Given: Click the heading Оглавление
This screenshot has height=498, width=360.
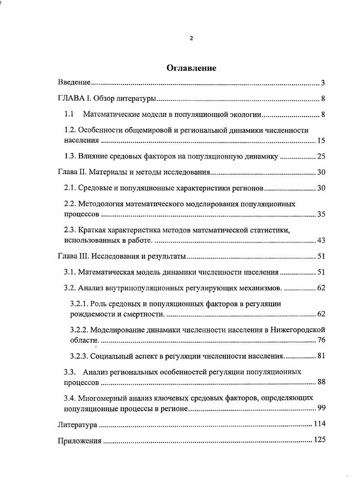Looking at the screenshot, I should click(x=191, y=68).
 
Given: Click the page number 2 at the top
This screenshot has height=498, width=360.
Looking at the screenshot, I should click(x=191, y=39).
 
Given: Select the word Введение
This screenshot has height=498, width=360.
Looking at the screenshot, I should click(x=75, y=83).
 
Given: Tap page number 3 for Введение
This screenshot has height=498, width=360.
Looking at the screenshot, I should click(x=323, y=83).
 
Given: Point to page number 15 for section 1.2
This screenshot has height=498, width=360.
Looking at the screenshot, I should click(x=321, y=141).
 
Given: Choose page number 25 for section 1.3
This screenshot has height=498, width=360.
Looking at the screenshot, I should click(x=321, y=157).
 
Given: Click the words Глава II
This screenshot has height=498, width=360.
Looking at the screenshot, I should click(x=71, y=173).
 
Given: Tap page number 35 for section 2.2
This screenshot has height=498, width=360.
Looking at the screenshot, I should click(x=321, y=214).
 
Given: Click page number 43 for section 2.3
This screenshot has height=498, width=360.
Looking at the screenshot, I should click(x=321, y=240).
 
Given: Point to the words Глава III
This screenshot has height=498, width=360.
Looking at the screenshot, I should click(x=73, y=256).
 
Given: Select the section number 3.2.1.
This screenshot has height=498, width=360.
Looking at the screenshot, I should click(x=80, y=304).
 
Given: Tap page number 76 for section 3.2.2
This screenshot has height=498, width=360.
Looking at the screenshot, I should click(x=321, y=340).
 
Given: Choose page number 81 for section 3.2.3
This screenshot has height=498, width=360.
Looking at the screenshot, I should click(x=321, y=356).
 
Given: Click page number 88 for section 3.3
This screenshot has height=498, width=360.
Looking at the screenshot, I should click(x=321, y=382).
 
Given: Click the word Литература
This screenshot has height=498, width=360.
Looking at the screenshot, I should click(x=77, y=424).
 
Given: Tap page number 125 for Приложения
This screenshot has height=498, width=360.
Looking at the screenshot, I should click(x=320, y=440).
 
